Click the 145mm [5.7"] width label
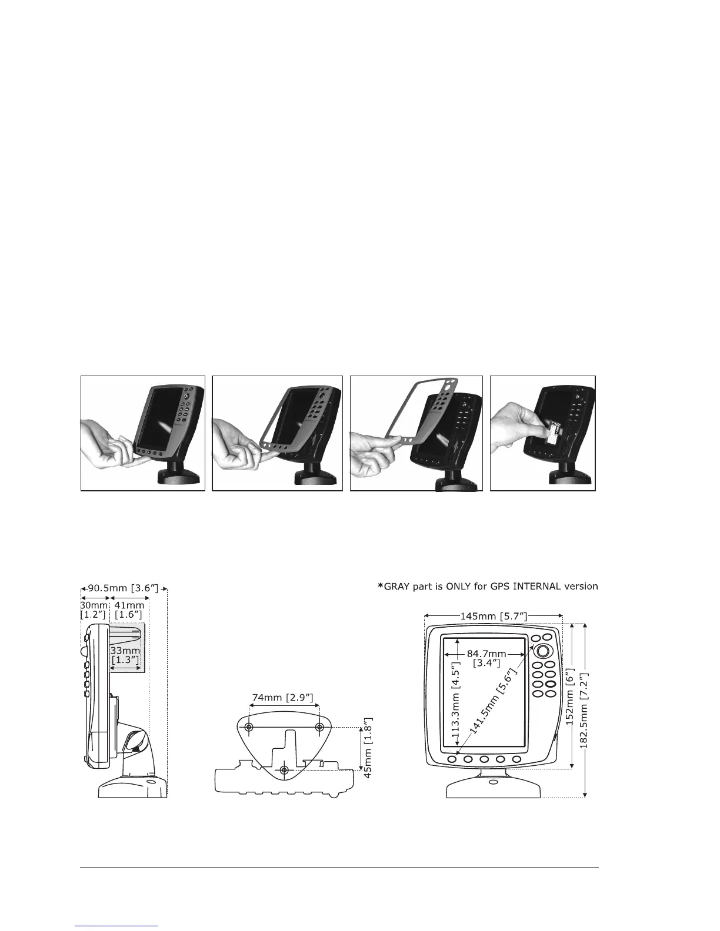[x=493, y=616]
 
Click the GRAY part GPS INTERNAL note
[x=488, y=586]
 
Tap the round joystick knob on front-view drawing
[x=543, y=651]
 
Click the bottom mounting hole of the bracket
[x=285, y=770]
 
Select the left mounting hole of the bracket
[x=249, y=728]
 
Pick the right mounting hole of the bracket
[x=319, y=728]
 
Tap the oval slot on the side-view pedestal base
[x=151, y=782]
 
